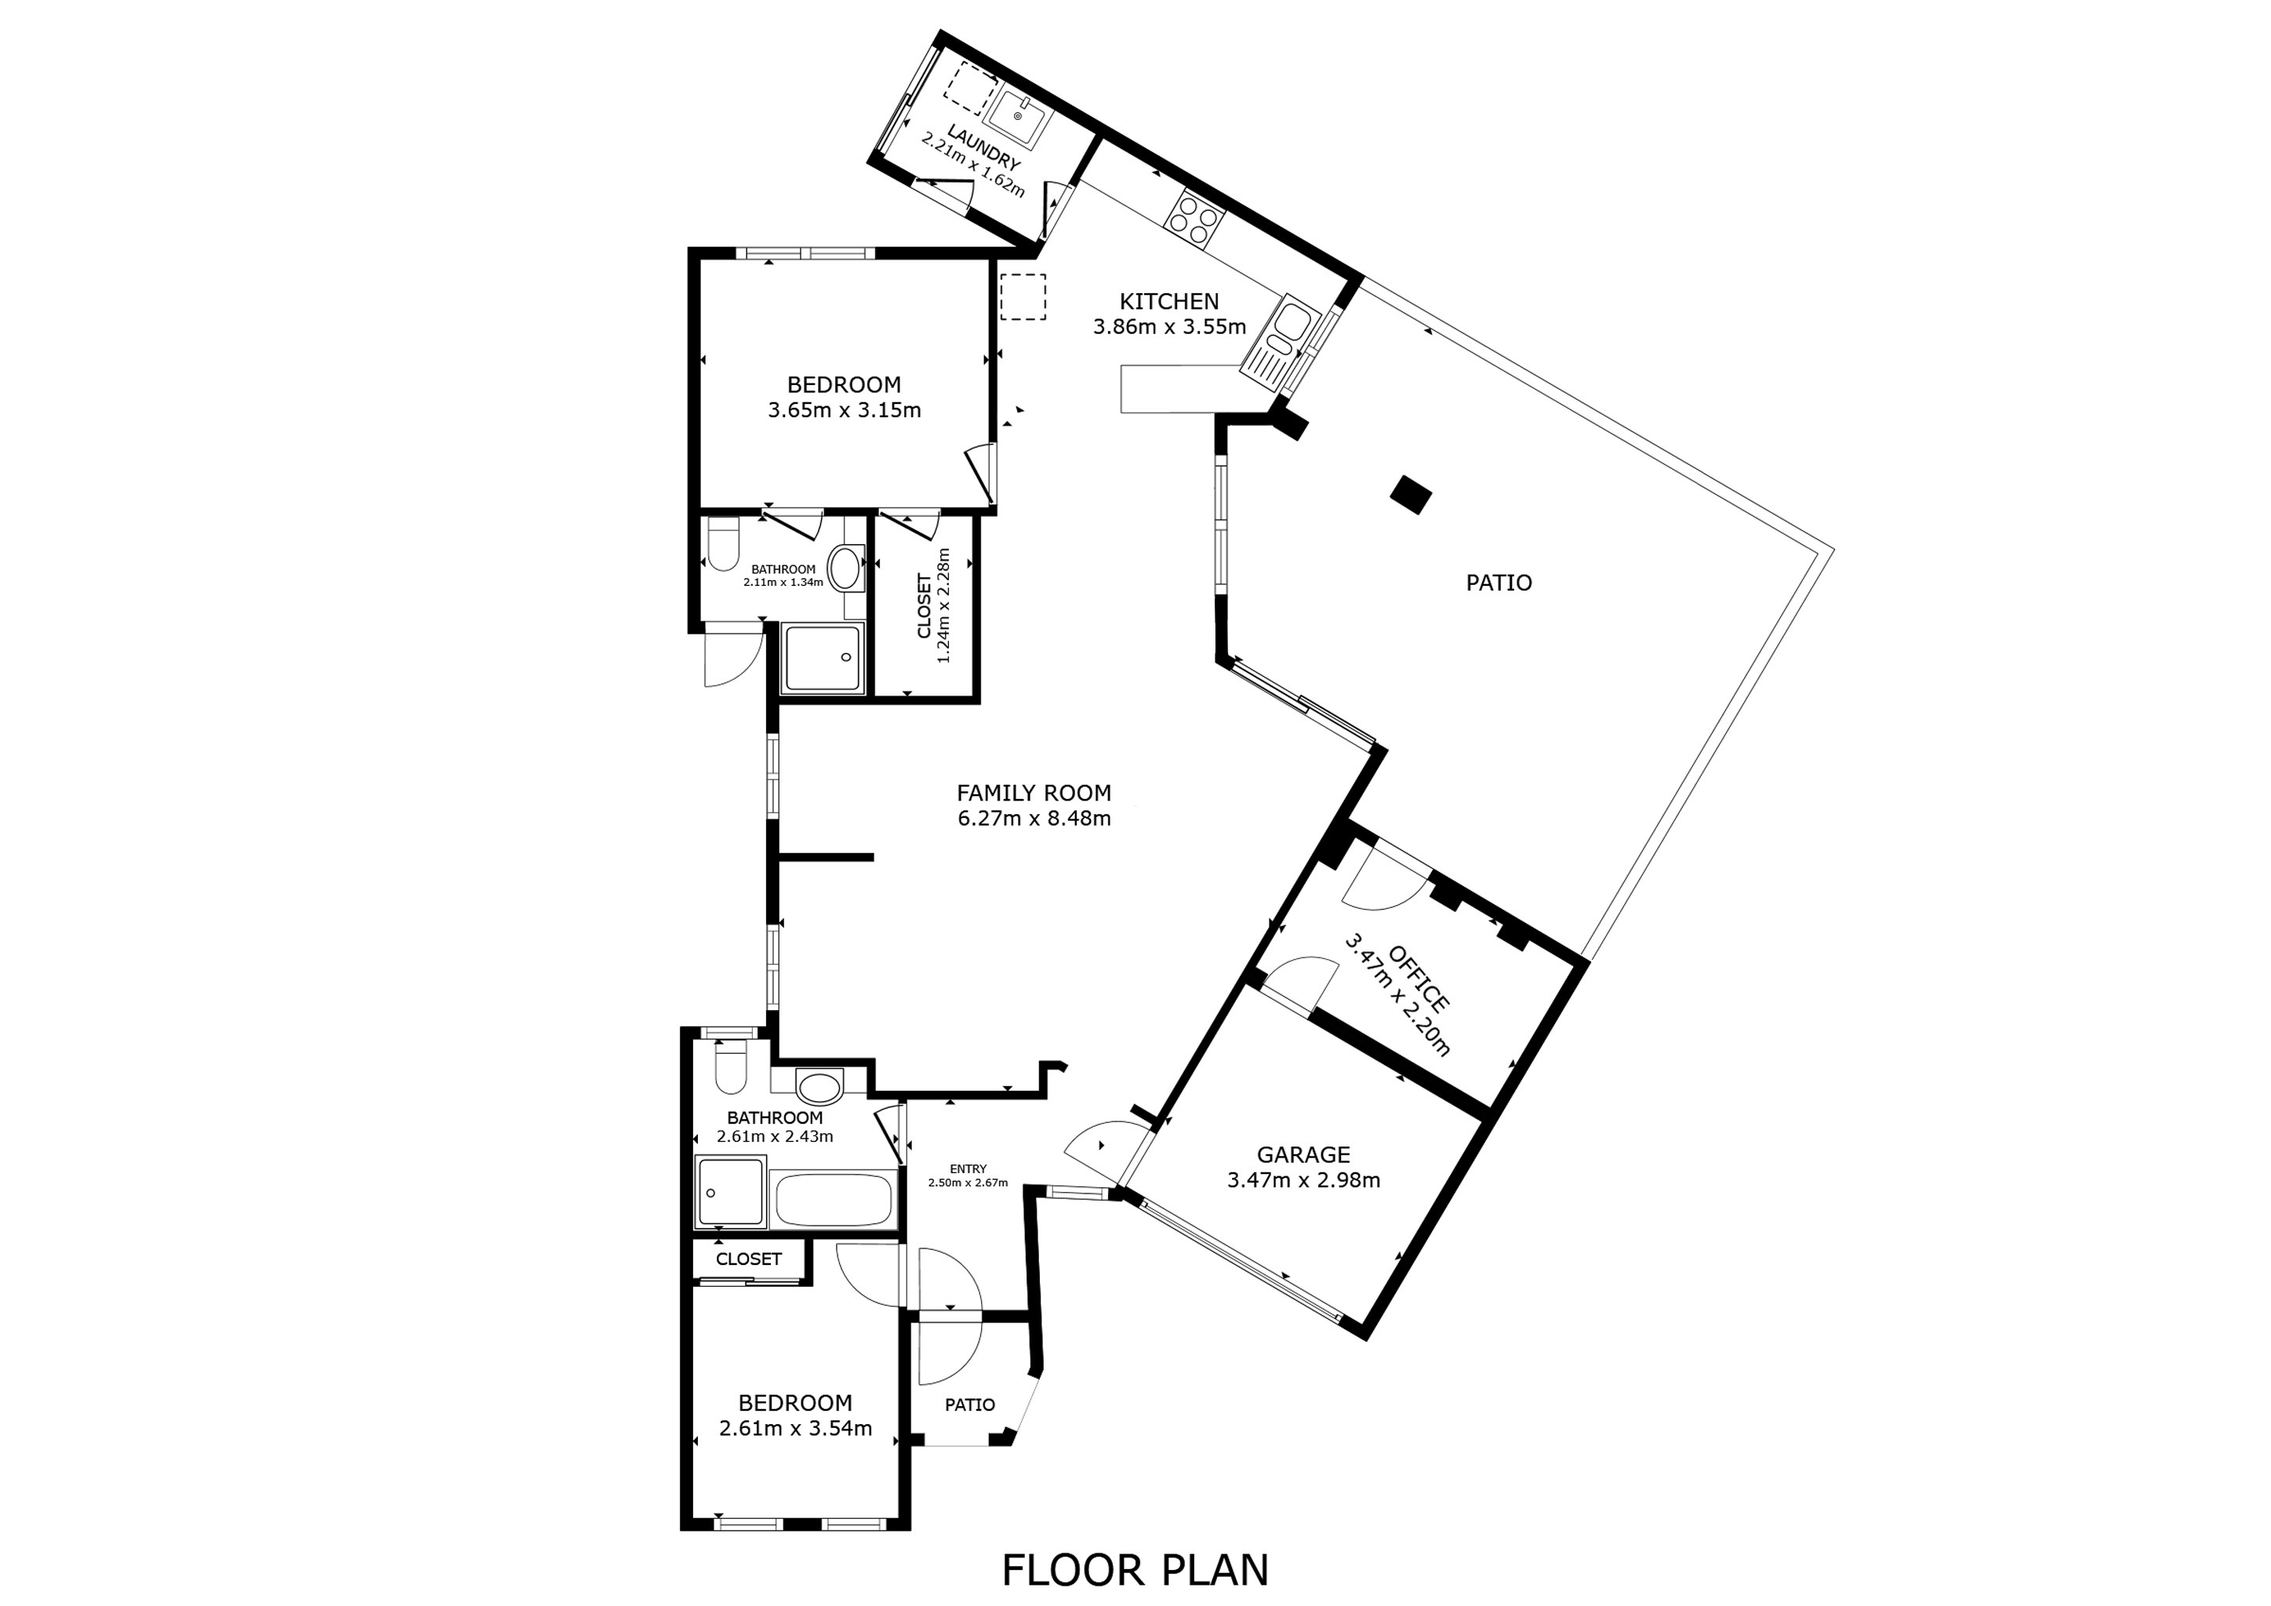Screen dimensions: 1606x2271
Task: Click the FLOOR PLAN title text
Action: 1135,1569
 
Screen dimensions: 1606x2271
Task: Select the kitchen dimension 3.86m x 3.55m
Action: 1168,326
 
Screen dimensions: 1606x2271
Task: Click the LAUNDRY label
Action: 983,147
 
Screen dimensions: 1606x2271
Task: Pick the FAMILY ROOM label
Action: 1034,793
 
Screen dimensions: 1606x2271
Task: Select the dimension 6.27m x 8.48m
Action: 1034,819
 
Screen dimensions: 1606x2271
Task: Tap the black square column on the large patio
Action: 1411,495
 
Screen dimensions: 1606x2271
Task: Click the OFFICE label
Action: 1419,978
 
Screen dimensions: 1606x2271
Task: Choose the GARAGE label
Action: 1303,1154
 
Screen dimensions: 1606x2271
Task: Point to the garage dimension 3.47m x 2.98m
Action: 1303,1179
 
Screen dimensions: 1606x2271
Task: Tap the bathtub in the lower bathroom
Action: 833,1200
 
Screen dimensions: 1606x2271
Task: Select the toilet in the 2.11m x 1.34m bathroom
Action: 723,545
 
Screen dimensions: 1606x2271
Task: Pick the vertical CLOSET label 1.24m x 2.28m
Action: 934,605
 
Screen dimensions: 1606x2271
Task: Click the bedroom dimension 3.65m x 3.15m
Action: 844,410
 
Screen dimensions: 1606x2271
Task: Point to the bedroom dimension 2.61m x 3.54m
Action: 795,1429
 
